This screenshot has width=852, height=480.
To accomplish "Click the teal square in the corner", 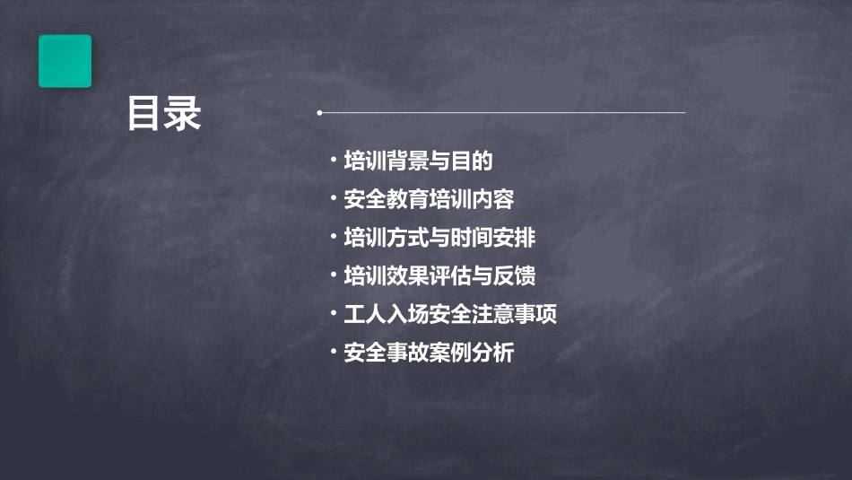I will [x=65, y=61].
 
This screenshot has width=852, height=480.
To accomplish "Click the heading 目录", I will [x=163, y=114].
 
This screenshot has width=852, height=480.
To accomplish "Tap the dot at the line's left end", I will [x=319, y=113].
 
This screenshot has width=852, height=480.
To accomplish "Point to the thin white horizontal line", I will [x=502, y=113].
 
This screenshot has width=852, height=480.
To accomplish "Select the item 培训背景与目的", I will [x=418, y=161].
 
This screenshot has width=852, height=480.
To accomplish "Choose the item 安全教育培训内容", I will [x=429, y=199].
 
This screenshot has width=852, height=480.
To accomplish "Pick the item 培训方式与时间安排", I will [x=439, y=238].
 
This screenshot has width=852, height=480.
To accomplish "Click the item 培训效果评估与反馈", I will [x=439, y=275].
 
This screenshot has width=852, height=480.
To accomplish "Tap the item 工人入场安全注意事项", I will [x=450, y=314].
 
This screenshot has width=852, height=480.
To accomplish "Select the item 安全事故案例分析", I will [x=429, y=353].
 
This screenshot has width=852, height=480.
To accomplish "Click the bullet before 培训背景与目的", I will [x=333, y=161].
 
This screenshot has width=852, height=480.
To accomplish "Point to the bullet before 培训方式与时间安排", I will [x=333, y=238].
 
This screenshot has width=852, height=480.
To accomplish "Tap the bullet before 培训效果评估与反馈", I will [x=333, y=275].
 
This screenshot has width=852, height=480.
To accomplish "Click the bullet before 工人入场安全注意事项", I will [x=333, y=314].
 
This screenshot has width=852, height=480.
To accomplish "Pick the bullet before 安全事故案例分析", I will [x=333, y=353].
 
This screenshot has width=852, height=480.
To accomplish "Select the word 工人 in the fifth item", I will [x=365, y=314].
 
